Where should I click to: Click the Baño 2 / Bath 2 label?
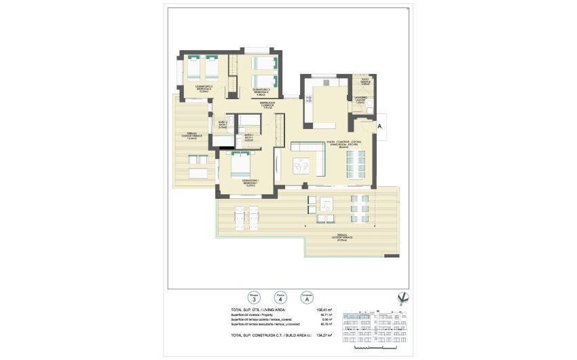pos(222,124)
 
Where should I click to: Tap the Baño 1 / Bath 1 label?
pos(248,137)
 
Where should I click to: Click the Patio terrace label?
pos(365,82)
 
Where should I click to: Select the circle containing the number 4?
pos(278,297)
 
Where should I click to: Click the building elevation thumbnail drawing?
pos(373,326)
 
